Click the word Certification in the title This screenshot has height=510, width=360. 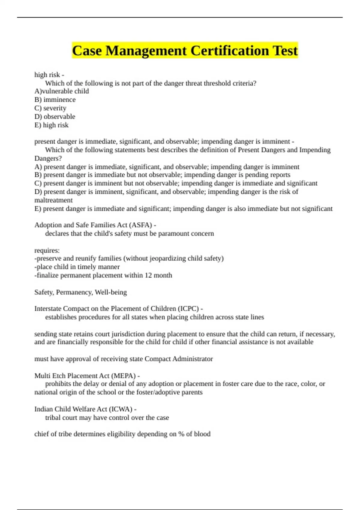[x=230, y=50]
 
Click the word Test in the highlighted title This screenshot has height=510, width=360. [x=285, y=50]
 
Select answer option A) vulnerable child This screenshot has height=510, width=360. [x=61, y=91]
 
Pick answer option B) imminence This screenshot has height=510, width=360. [x=55, y=100]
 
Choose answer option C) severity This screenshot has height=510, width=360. [x=50, y=108]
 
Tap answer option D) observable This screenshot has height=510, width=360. [x=55, y=116]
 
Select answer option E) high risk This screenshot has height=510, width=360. [x=51, y=125]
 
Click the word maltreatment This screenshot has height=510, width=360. [x=53, y=200]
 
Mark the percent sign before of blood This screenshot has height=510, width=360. [x=181, y=434]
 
